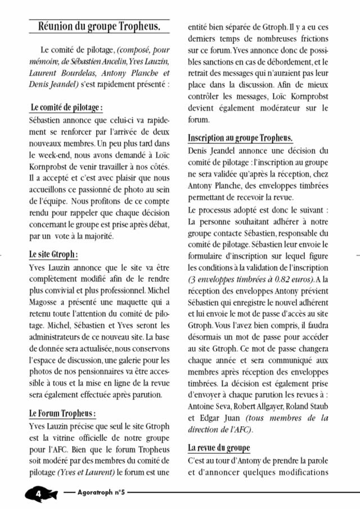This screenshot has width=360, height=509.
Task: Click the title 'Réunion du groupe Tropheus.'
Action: tap(98, 26)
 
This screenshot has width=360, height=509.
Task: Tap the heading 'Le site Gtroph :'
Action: tap(53, 254)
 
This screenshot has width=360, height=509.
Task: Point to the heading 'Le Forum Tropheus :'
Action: tap(62, 413)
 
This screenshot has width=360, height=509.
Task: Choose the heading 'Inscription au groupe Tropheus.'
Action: tap(240, 138)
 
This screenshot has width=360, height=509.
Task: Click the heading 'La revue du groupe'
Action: tap(219, 448)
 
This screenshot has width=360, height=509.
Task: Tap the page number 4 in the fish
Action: tap(39, 493)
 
